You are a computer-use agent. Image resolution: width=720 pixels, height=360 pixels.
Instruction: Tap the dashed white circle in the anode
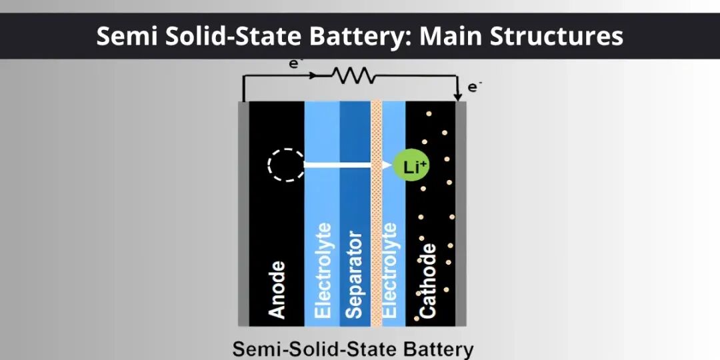point(285,165)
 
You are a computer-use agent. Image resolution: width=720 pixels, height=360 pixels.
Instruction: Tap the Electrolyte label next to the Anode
point(322,271)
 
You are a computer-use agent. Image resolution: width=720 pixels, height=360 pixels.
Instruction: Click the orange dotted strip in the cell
point(376,213)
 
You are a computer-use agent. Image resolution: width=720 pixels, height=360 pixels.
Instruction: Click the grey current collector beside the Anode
point(243,213)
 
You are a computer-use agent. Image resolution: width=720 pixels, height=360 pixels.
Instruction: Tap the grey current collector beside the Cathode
point(461,213)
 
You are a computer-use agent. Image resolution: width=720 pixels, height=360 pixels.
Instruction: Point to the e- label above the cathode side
point(474,87)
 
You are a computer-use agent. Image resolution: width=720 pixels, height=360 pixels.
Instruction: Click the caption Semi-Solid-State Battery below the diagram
point(353,349)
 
